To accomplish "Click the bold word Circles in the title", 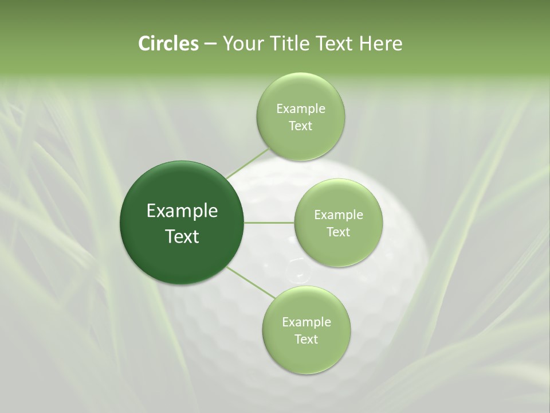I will (168, 44).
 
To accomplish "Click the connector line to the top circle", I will (248, 163).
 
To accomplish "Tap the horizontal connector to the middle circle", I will (269, 223).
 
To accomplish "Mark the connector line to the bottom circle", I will (252, 283).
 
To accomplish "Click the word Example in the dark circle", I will (182, 211).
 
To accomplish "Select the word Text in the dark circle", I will (182, 236).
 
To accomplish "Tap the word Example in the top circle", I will (301, 109).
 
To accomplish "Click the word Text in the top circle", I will (300, 126).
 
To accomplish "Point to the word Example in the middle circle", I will (339, 215).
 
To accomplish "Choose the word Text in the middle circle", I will (338, 232).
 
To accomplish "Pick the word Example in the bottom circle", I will (307, 322).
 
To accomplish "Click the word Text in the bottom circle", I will (306, 340).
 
